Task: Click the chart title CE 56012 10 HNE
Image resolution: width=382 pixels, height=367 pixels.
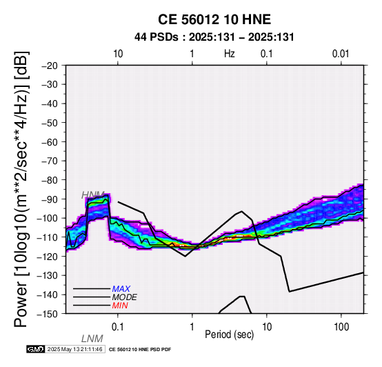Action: tap(214, 19)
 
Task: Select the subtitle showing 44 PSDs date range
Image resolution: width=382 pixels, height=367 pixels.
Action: tap(214, 37)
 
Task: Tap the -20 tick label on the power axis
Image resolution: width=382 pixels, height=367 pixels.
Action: tap(50, 66)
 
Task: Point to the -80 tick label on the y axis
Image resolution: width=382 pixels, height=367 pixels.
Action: tap(50, 180)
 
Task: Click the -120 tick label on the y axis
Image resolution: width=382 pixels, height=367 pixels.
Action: tap(48, 256)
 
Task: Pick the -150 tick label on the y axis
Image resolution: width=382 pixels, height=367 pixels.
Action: tap(48, 314)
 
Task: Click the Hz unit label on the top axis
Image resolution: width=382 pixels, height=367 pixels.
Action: tap(229, 54)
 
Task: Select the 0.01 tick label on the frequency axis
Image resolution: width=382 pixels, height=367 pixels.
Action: tap(341, 54)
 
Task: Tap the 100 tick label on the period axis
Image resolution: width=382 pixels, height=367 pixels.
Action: tap(341, 327)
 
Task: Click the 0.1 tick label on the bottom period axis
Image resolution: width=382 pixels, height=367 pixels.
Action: tap(118, 327)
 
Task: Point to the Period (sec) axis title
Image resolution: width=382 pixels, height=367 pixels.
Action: tap(229, 335)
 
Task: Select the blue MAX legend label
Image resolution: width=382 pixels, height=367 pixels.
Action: tap(121, 289)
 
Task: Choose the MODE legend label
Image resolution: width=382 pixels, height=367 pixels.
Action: tap(124, 297)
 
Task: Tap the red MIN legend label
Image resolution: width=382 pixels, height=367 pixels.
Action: tap(120, 306)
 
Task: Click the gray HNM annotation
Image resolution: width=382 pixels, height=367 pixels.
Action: tap(93, 195)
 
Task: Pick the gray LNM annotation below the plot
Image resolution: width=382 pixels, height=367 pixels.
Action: tap(92, 339)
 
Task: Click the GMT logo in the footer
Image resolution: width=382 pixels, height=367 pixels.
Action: tap(36, 349)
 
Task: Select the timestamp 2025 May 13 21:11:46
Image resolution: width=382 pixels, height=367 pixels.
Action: tap(74, 349)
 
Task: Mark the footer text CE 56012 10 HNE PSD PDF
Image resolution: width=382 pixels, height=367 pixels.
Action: tap(140, 350)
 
